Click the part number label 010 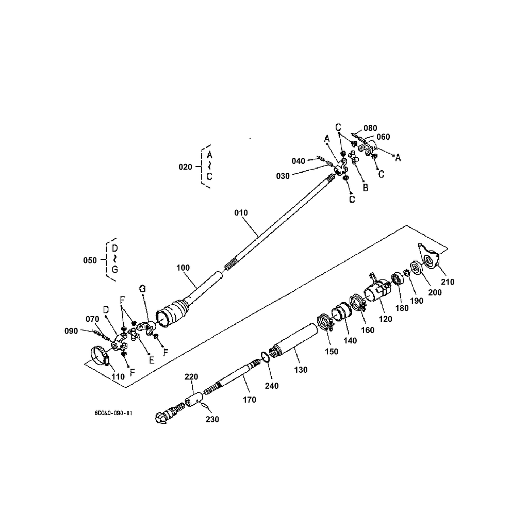241,212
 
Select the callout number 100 183,268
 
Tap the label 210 448,282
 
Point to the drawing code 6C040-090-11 113,413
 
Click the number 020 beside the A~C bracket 185,167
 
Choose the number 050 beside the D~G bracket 90,260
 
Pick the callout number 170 249,400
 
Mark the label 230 212,419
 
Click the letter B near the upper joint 365,188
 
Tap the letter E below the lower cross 152,360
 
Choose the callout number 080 370,128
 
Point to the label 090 71,331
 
